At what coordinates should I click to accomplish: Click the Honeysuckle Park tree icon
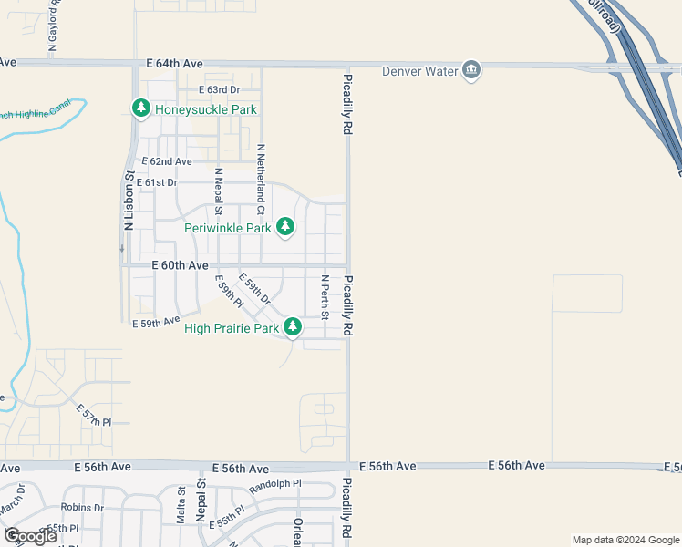(141, 109)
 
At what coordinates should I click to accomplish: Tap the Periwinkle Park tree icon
(285, 227)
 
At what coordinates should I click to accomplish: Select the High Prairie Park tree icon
(293, 327)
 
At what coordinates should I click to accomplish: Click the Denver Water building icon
(471, 70)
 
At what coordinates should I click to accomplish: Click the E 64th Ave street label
(174, 64)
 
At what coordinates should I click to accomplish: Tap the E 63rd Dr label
(219, 89)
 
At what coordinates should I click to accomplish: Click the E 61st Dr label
(160, 182)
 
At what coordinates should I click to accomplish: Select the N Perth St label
(325, 297)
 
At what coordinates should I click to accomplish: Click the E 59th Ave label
(155, 323)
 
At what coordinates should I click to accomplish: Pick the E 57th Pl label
(93, 416)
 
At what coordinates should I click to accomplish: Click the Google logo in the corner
(30, 536)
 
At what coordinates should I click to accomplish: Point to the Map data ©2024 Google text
(625, 540)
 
